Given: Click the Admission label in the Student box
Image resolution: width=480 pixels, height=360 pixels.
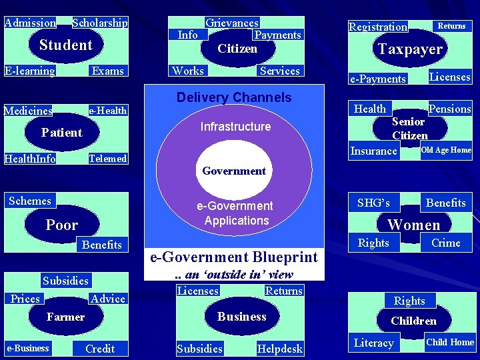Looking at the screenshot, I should [x=30, y=23].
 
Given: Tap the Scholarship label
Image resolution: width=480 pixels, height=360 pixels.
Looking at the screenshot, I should [x=100, y=23].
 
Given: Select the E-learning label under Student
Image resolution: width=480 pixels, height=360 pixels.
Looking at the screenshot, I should [x=29, y=71].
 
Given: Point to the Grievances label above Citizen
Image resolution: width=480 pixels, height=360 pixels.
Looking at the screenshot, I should [x=232, y=23].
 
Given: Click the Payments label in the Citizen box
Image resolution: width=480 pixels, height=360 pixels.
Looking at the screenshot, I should [x=278, y=35].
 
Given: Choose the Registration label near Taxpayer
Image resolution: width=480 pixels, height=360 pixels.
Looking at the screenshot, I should [x=378, y=27].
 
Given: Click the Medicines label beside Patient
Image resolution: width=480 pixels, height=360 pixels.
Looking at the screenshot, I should [x=28, y=111].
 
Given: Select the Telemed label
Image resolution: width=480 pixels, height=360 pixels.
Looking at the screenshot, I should [x=108, y=159].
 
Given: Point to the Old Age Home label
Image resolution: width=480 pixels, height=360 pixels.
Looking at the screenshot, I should [x=446, y=150].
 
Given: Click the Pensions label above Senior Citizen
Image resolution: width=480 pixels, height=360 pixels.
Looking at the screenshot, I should [x=450, y=109].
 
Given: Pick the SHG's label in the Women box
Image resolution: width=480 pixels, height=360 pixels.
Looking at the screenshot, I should [x=374, y=202].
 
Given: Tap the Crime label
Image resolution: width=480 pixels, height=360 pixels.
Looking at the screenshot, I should [x=446, y=243].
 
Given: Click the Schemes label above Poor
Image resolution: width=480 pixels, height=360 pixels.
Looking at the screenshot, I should [x=30, y=201].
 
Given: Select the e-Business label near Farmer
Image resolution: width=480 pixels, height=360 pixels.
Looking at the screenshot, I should [x=28, y=348].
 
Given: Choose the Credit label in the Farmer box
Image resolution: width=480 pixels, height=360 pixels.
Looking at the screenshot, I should [x=100, y=348].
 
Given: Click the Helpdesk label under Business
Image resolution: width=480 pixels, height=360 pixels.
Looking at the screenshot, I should [x=280, y=348].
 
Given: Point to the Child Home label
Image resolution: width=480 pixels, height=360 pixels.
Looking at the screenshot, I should [x=450, y=342].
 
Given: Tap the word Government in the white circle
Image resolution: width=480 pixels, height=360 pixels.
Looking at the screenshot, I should [x=235, y=171].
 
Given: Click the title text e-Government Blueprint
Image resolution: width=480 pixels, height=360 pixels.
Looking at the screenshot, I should [x=234, y=257].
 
